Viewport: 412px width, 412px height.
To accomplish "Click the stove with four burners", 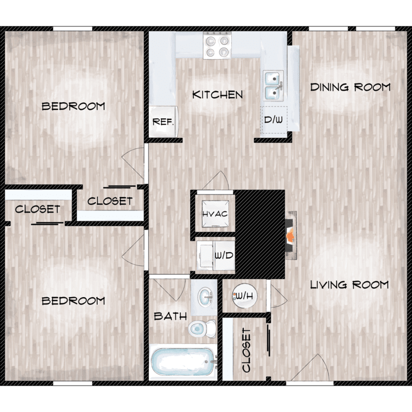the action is (217, 45).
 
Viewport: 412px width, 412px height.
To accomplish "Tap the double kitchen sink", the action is (274, 86).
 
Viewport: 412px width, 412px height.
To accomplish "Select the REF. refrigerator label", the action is (163, 122).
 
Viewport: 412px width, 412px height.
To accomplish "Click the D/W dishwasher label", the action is (274, 120).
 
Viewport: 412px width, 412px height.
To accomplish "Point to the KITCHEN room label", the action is (218, 95).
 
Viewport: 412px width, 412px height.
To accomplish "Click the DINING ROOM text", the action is (350, 87).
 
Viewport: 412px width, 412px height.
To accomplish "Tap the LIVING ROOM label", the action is (349, 285).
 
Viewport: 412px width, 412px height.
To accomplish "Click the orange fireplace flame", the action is (290, 236).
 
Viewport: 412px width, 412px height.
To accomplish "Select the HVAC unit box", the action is (215, 214).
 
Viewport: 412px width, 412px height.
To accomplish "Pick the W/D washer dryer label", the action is (224, 255).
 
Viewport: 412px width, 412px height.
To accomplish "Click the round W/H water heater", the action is (244, 296).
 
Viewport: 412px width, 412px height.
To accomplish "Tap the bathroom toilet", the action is (202, 329).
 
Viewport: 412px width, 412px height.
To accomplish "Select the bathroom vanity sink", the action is (205, 297).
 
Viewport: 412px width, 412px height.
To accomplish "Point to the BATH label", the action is (170, 316).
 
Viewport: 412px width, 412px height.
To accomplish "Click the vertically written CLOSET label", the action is (247, 350).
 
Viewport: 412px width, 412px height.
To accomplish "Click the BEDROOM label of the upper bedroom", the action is (73, 107).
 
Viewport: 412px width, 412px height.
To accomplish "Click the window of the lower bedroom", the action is (73, 383).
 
